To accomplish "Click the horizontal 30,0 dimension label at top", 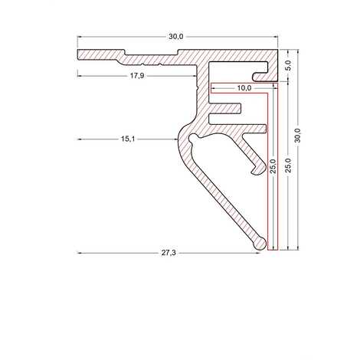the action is click(176, 37).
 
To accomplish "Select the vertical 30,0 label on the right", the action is click(298, 136).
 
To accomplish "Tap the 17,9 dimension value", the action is click(137, 76).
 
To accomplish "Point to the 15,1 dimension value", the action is click(128, 139).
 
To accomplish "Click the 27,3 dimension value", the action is click(169, 253).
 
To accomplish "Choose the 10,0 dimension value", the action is click(244, 88).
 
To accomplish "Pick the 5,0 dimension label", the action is click(288, 65).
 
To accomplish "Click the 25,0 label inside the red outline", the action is click(273, 166).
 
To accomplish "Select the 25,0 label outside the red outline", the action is click(288, 165).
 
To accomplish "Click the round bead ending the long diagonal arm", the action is click(260, 244).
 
